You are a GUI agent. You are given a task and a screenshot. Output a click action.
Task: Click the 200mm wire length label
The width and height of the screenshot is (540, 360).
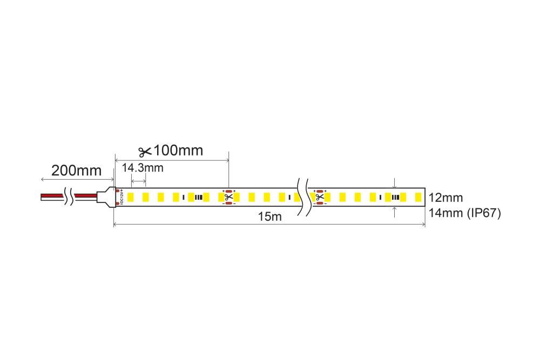coord(76,171)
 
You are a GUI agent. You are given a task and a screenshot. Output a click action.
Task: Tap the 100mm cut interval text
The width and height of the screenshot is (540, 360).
coord(178,151)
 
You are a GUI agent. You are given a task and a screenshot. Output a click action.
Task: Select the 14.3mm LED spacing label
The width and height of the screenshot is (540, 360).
coord(143,168)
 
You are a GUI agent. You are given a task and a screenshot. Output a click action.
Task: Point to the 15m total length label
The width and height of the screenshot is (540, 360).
coord(269,216)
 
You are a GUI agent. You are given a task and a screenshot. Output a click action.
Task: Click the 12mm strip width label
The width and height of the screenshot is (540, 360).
coord(446,198)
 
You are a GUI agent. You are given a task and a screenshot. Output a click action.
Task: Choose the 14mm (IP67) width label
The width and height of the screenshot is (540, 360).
coord(464,213)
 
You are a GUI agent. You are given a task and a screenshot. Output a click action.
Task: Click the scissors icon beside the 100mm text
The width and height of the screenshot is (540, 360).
coord(145,152)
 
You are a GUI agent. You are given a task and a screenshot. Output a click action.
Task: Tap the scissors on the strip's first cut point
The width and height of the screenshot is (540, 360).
coord(228,198)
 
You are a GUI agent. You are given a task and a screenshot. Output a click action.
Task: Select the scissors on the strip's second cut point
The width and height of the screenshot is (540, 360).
coord(320,198)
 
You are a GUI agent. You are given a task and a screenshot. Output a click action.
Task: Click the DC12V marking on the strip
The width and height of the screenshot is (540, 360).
coord(122,198)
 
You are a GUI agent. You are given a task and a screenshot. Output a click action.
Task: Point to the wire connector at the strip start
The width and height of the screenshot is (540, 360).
coord(106,196)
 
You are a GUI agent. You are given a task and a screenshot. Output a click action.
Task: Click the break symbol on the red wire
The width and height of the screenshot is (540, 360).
coord(69,196)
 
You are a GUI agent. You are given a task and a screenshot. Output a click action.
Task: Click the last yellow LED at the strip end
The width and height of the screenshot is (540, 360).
coord(418,198)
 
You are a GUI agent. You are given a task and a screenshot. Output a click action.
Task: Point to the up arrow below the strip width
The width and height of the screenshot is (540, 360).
coord(395,212)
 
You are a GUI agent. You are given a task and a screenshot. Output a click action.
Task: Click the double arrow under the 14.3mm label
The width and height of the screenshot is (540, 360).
coord(138,181)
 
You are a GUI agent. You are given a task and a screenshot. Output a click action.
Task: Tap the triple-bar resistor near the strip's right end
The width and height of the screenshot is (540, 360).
coord(396,198)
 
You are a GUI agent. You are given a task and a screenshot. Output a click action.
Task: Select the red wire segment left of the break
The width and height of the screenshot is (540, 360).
coord(52,196)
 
